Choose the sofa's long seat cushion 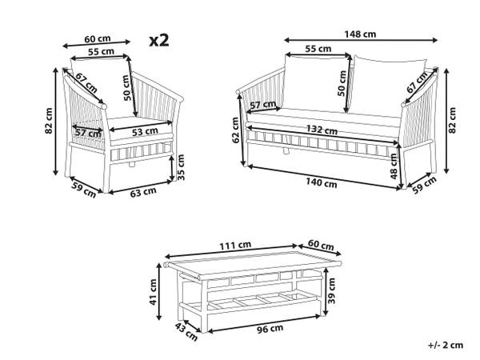[x=320, y=118]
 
